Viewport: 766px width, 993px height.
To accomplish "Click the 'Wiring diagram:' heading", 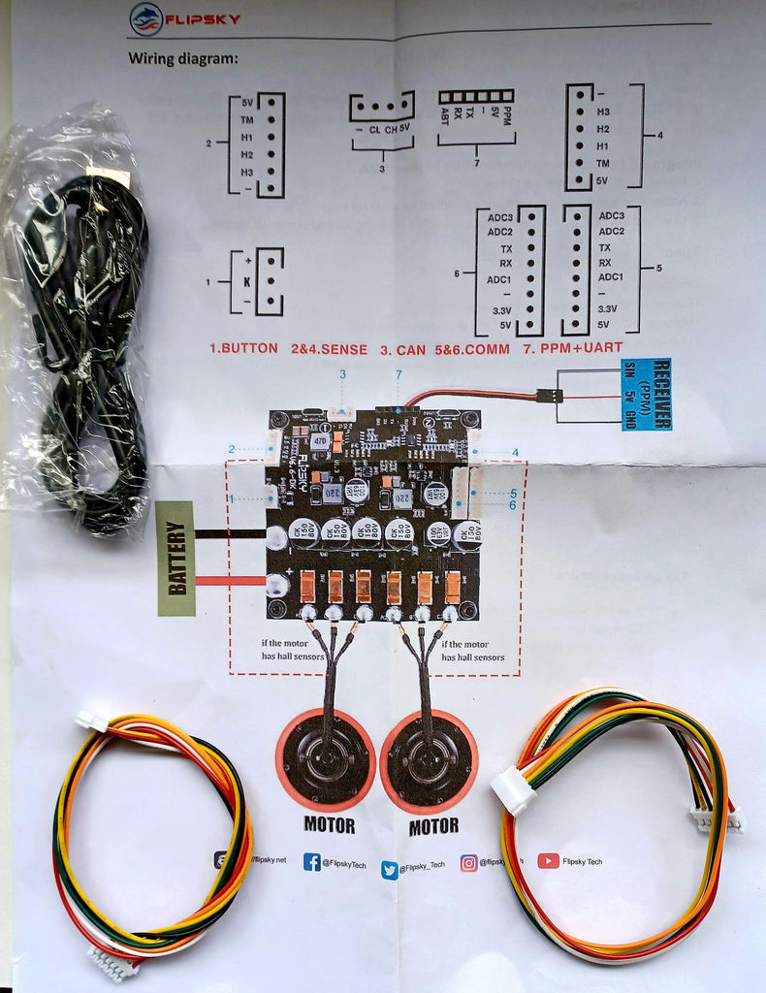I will (182, 58).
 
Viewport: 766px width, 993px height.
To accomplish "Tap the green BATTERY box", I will (176, 558).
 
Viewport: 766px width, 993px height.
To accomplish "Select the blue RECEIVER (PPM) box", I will (646, 395).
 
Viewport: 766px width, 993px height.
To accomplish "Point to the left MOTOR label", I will (329, 827).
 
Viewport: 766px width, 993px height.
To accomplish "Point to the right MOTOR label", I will (433, 827).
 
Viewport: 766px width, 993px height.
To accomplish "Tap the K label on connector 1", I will (248, 280).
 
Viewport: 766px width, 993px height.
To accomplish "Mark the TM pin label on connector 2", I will (247, 120).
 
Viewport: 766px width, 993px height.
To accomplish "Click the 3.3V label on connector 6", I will (500, 310).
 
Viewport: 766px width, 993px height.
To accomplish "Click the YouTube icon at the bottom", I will (548, 860).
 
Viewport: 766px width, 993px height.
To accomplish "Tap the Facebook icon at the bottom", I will (312, 861).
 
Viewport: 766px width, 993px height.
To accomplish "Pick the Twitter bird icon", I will (390, 869).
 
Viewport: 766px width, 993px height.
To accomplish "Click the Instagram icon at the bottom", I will (469, 862).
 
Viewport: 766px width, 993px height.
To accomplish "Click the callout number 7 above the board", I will (398, 374).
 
